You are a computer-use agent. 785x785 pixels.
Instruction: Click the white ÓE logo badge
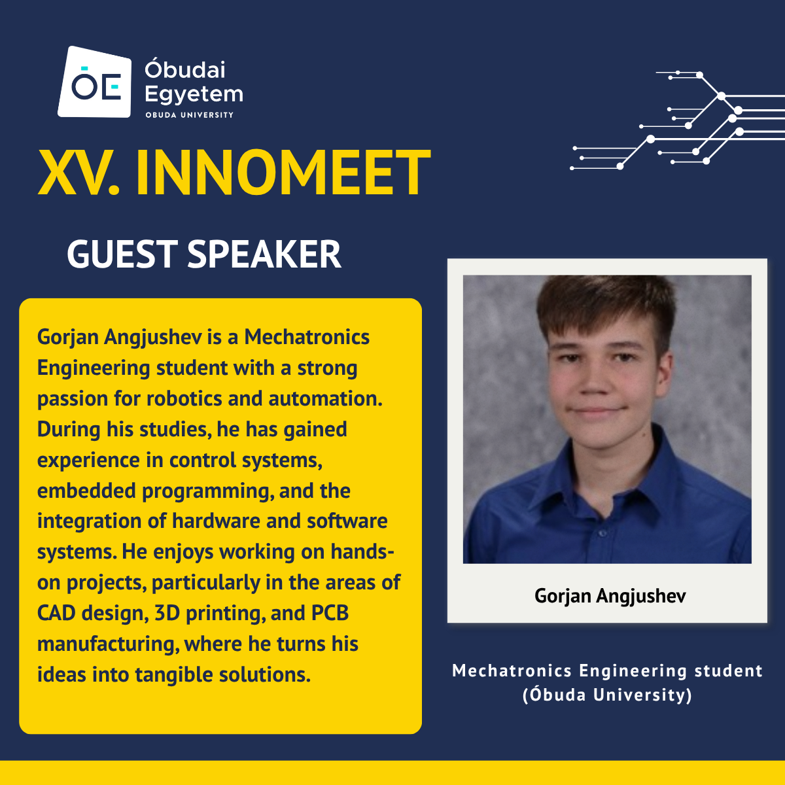pyautogui.click(x=94, y=82)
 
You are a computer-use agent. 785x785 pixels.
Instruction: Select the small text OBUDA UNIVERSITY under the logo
pyautogui.click(x=190, y=115)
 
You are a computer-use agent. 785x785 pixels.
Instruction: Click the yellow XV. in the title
pyautogui.click(x=79, y=173)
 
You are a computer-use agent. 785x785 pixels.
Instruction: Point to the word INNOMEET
pyautogui.click(x=283, y=173)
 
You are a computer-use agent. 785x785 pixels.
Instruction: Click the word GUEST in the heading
pyautogui.click(x=122, y=254)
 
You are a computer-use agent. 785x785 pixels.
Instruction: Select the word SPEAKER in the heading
pyautogui.click(x=264, y=254)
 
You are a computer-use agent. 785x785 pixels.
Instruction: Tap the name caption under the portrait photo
pyautogui.click(x=610, y=597)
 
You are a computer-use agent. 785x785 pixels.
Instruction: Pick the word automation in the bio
pyautogui.click(x=325, y=398)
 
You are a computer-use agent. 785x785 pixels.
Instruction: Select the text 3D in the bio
pyautogui.click(x=167, y=613)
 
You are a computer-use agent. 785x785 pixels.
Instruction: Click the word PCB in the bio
pyautogui.click(x=330, y=613)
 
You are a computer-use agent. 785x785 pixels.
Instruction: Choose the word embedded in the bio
pyautogui.click(x=86, y=491)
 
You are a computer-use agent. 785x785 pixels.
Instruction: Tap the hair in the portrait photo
pyautogui.click(x=603, y=305)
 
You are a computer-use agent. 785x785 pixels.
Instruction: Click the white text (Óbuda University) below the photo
pyautogui.click(x=607, y=695)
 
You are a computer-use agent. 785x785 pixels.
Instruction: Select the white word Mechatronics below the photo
pyautogui.click(x=512, y=671)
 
